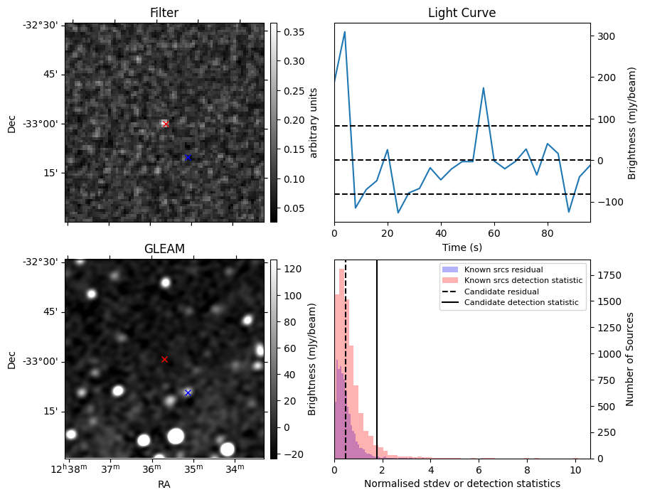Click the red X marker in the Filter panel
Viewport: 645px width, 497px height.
166,124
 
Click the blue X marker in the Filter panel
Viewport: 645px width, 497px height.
188,157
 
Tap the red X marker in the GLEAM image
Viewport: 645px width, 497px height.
164,360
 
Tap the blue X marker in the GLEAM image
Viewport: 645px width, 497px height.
188,392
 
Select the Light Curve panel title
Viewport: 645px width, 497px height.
462,13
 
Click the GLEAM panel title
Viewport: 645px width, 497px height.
164,249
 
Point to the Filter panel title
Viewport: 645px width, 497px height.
164,13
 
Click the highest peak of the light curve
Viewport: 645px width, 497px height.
345,31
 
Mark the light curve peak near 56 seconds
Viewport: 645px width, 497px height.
484,88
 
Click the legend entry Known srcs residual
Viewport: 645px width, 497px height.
503,270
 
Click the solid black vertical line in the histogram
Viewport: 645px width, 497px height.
377,370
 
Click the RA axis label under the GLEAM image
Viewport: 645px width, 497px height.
164,483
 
